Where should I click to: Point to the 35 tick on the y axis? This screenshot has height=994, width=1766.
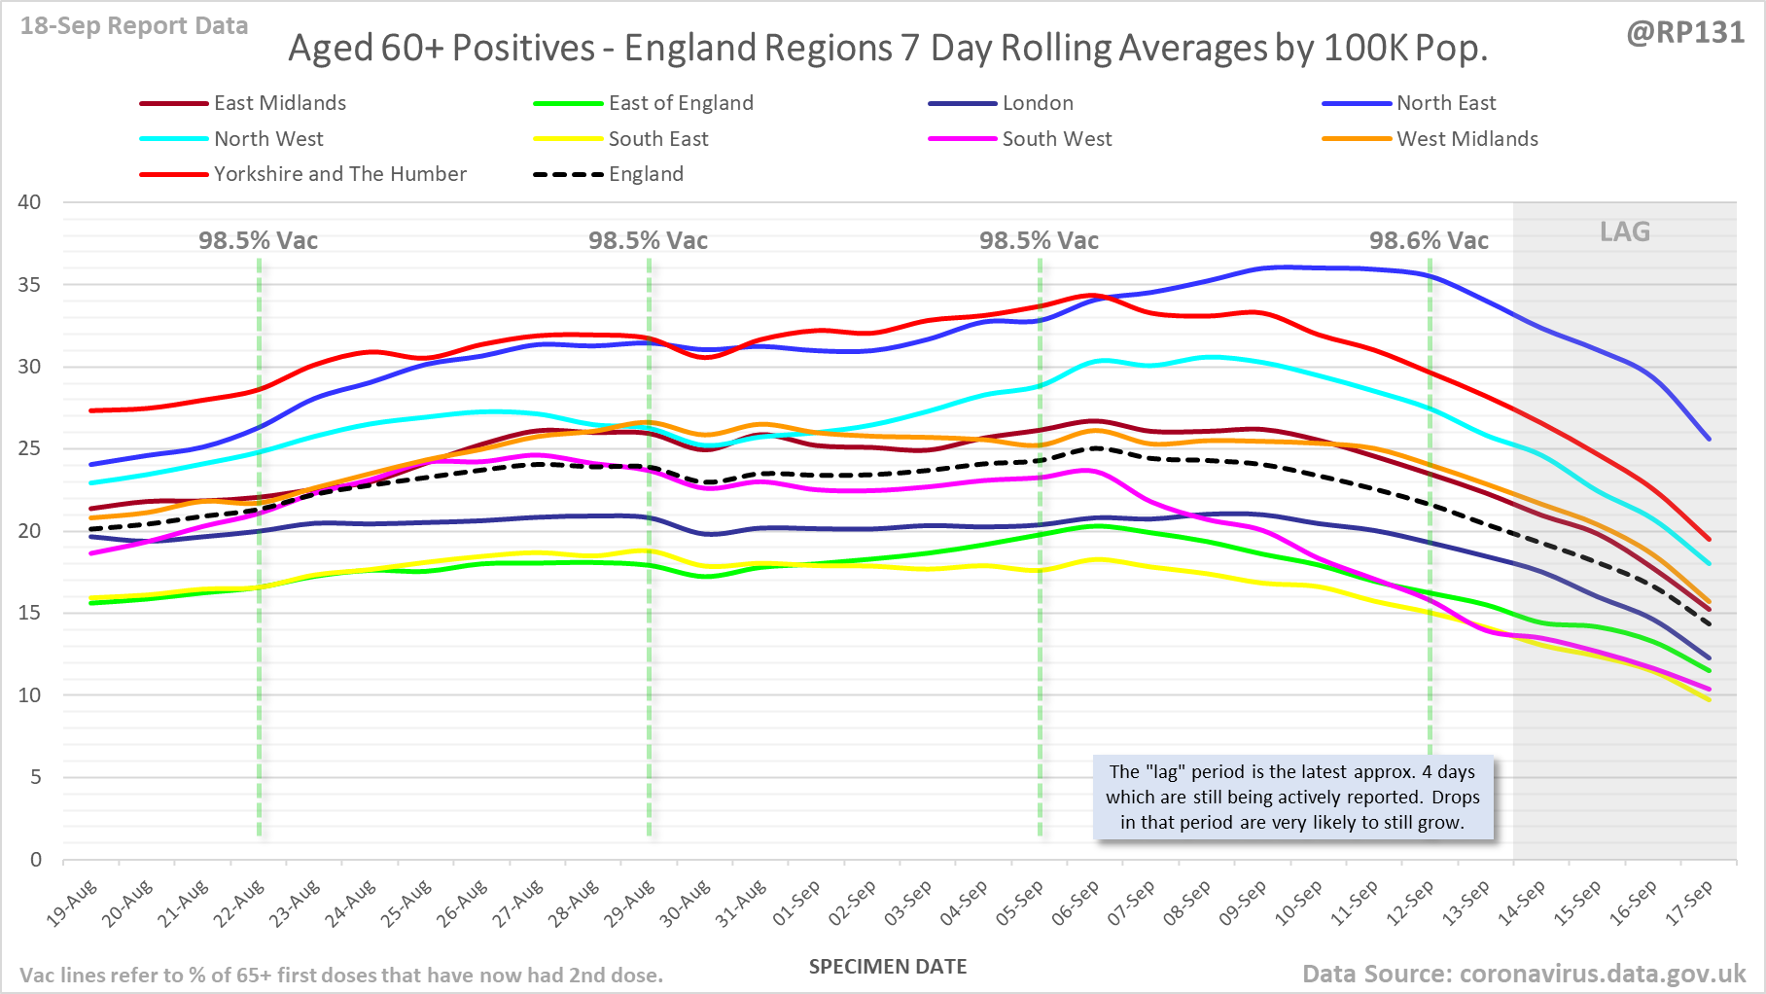point(30,285)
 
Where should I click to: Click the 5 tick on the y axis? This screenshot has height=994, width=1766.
point(36,777)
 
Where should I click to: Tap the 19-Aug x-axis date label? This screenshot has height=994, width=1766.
point(73,903)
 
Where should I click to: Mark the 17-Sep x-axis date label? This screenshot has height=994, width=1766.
point(1689,903)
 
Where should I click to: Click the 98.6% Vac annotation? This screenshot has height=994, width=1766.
point(1429,240)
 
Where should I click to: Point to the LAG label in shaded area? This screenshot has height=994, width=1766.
point(1625,231)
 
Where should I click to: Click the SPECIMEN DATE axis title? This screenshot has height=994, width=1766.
point(888,967)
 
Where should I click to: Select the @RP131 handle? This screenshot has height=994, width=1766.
point(1685,32)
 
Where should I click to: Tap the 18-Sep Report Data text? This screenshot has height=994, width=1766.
point(134,26)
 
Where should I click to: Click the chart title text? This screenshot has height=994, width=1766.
point(888,48)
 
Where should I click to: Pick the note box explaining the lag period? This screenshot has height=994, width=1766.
point(1292,797)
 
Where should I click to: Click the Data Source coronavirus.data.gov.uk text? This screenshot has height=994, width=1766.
point(1524,974)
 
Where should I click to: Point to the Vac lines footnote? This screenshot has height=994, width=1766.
point(341,975)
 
